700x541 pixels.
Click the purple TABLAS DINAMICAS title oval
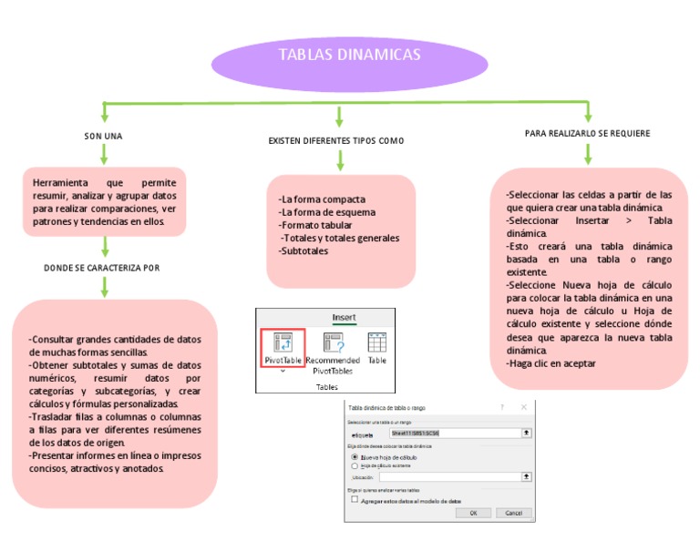pos(349,56)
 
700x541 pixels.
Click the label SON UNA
pos(103,137)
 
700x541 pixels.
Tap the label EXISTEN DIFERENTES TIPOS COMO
pos(336,141)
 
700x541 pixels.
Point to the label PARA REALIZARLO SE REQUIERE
pos(587,134)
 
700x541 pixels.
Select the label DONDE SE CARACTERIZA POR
pos(102,269)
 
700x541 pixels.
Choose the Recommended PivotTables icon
pos(333,352)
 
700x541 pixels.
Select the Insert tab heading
pos(344,317)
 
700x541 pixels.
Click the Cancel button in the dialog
pos(513,513)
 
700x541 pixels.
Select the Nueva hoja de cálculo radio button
pos(355,457)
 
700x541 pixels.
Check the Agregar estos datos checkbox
pos(355,500)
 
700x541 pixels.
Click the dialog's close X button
pos(523,407)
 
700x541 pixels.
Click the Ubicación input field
pos(450,476)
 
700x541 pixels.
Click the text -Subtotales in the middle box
pos(304,251)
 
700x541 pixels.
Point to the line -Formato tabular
pos(315,225)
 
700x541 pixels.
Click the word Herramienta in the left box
pos(61,183)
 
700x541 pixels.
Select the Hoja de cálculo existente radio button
pos(355,465)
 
